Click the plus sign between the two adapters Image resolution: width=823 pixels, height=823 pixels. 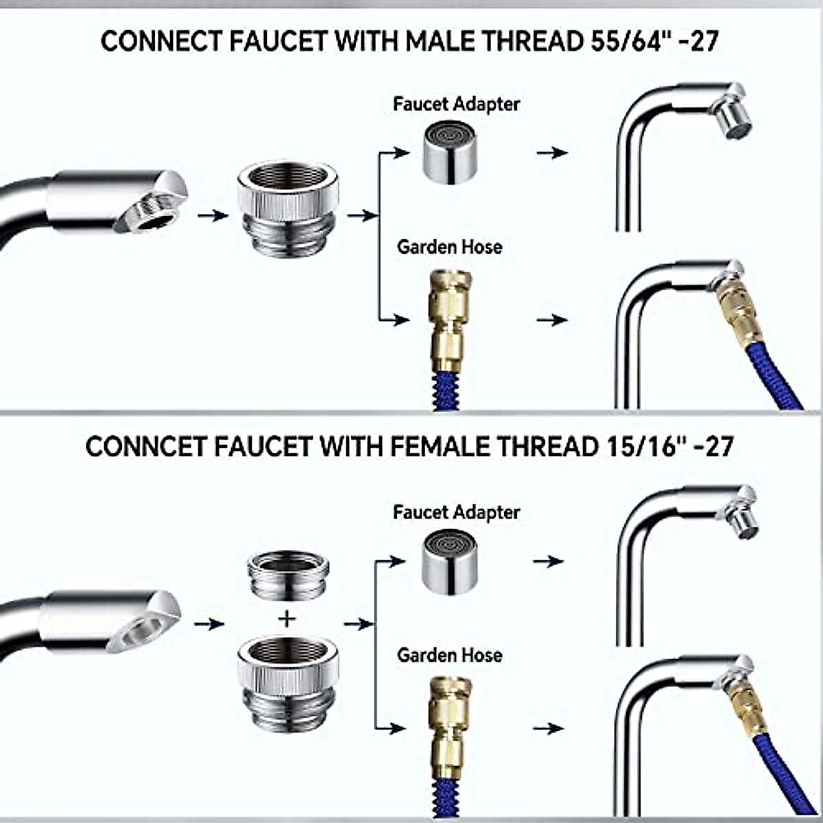pyautogui.click(x=287, y=619)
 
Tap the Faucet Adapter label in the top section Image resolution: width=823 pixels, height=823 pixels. pyautogui.click(x=456, y=104)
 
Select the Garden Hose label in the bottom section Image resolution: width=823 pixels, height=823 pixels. pyautogui.click(x=449, y=655)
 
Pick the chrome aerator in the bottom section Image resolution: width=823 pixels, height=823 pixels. pyautogui.click(x=450, y=562)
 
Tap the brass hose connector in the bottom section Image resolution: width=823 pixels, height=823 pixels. pyautogui.click(x=449, y=727)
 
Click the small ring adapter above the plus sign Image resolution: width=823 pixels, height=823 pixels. pyautogui.click(x=288, y=576)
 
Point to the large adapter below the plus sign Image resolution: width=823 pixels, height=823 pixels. pyautogui.click(x=288, y=686)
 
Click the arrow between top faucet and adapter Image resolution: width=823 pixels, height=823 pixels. pyautogui.click(x=213, y=215)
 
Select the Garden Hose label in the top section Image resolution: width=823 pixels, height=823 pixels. pyautogui.click(x=449, y=247)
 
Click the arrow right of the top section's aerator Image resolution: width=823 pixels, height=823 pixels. pyautogui.click(x=551, y=152)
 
